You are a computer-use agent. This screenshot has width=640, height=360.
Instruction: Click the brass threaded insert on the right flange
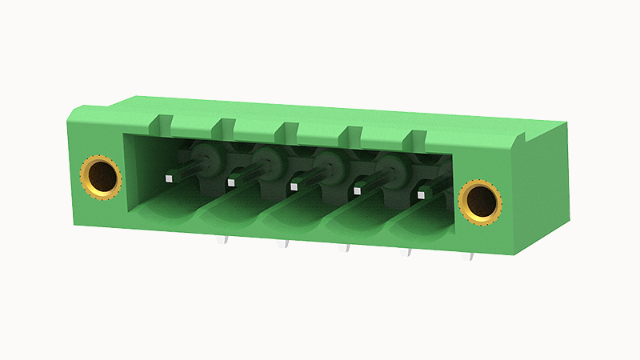pos(480,200)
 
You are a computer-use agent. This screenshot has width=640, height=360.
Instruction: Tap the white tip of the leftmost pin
pos(169,178)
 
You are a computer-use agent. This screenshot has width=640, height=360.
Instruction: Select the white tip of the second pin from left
pos(231,182)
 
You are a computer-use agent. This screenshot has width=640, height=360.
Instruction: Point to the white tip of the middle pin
pos(294,186)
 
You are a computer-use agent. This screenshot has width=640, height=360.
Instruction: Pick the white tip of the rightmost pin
pos(421,194)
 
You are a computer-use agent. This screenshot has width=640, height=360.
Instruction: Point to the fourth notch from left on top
pos(350,133)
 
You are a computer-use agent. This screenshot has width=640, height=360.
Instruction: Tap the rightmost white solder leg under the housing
pos(472,257)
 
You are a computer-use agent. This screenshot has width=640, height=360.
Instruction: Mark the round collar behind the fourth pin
pos(390,170)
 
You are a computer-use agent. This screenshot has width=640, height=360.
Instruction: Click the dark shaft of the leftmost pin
pos(189,170)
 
